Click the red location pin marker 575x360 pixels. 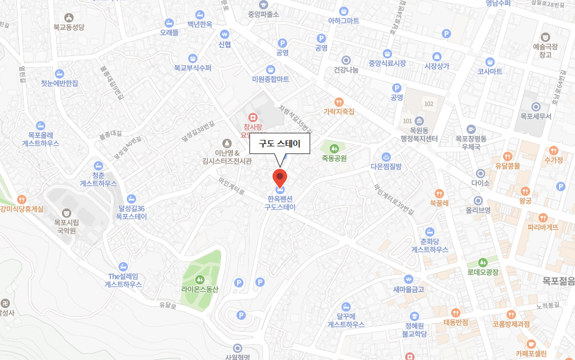(280, 176)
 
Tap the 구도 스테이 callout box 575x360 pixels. (280, 143)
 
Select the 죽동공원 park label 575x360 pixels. (334, 158)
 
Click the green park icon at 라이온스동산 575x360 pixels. (199, 279)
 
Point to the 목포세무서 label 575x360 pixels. (535, 116)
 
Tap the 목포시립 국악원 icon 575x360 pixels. (65, 211)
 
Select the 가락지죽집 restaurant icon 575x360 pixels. (339, 102)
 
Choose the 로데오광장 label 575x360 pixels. (483, 272)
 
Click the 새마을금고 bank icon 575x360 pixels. (408, 279)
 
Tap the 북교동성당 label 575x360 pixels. (69, 27)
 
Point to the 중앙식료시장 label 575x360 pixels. (387, 63)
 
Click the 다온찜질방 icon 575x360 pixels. (386, 157)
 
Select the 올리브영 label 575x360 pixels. (478, 210)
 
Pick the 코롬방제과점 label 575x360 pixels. (511, 324)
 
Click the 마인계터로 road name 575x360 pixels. (231, 187)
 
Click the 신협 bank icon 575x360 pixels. (224, 34)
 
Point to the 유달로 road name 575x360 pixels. (168, 305)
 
